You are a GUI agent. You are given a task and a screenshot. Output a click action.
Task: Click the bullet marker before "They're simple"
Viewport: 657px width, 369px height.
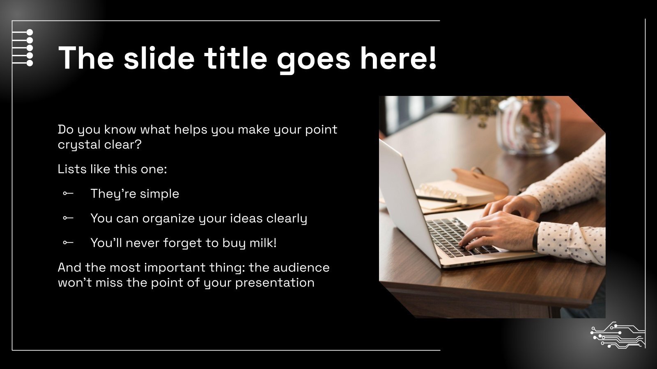point(68,194)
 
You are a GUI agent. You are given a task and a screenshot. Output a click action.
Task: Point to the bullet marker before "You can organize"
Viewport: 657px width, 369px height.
point(68,218)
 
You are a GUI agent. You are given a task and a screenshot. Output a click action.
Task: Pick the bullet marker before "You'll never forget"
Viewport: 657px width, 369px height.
point(68,243)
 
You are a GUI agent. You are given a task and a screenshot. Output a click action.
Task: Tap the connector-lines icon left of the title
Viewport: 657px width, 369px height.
point(23,48)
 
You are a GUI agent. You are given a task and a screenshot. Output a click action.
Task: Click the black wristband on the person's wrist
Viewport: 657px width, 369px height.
point(535,238)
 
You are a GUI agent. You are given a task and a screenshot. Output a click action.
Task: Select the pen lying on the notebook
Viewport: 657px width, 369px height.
point(437,199)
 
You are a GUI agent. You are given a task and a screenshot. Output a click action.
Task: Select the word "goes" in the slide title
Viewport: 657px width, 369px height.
point(314,58)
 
